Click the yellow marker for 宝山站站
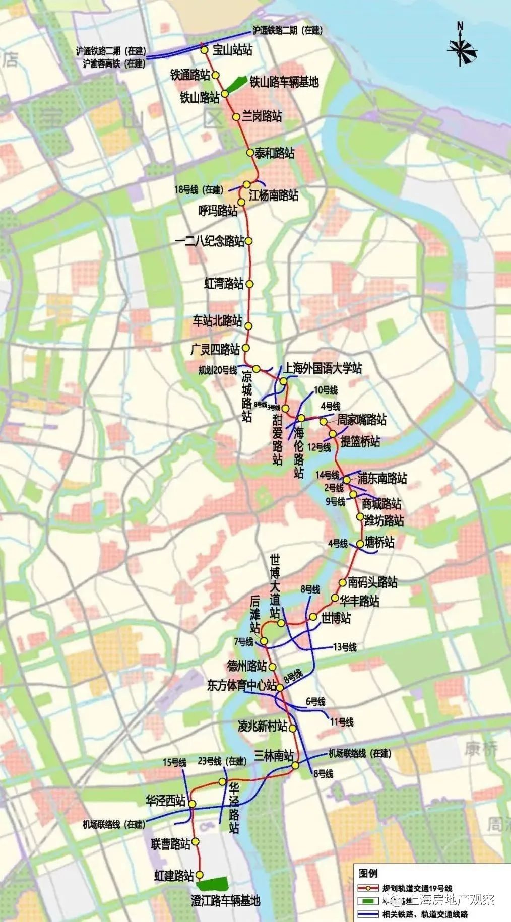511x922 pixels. pyautogui.click(x=205, y=50)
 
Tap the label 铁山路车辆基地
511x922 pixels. pyautogui.click(x=284, y=82)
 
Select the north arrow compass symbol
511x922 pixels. pyautogui.click(x=461, y=46)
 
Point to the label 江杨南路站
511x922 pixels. pyautogui.click(x=274, y=195)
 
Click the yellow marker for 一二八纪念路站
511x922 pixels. pyautogui.click(x=248, y=241)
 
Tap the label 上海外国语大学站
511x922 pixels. pyautogui.click(x=323, y=368)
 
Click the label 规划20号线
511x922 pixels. pyautogui.click(x=218, y=370)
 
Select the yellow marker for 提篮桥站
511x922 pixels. pyautogui.click(x=333, y=434)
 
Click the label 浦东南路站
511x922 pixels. pyautogui.click(x=382, y=478)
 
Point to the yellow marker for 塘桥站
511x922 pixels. pyautogui.click(x=360, y=544)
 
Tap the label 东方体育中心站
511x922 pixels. pyautogui.click(x=242, y=685)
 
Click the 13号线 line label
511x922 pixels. pyautogui.click(x=344, y=647)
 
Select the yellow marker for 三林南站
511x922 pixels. pyautogui.click(x=295, y=766)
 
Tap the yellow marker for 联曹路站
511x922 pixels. pyautogui.click(x=196, y=842)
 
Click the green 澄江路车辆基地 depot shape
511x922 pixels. pyautogui.click(x=212, y=884)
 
